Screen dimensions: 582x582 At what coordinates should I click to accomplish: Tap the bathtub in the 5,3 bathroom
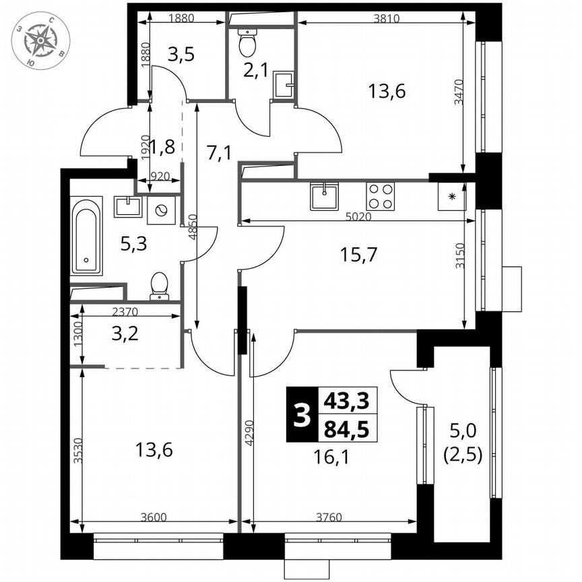pos(86,235)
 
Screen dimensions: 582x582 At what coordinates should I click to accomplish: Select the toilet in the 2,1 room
pos(247,43)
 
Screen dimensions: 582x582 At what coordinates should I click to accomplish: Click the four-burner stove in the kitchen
pos(380,196)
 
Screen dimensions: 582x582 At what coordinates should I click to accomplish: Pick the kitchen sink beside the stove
pos(325,196)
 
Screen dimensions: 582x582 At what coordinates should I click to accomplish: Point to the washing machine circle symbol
pos(161,209)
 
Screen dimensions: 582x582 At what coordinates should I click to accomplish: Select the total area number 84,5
pos(346,428)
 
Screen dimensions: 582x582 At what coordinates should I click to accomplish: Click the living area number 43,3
pos(346,401)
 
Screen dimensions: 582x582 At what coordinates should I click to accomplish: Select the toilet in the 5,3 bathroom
pos(160,285)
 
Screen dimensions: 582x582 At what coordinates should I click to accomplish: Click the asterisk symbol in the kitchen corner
pos(452,197)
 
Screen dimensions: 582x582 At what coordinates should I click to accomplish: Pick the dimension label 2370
pos(128,311)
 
